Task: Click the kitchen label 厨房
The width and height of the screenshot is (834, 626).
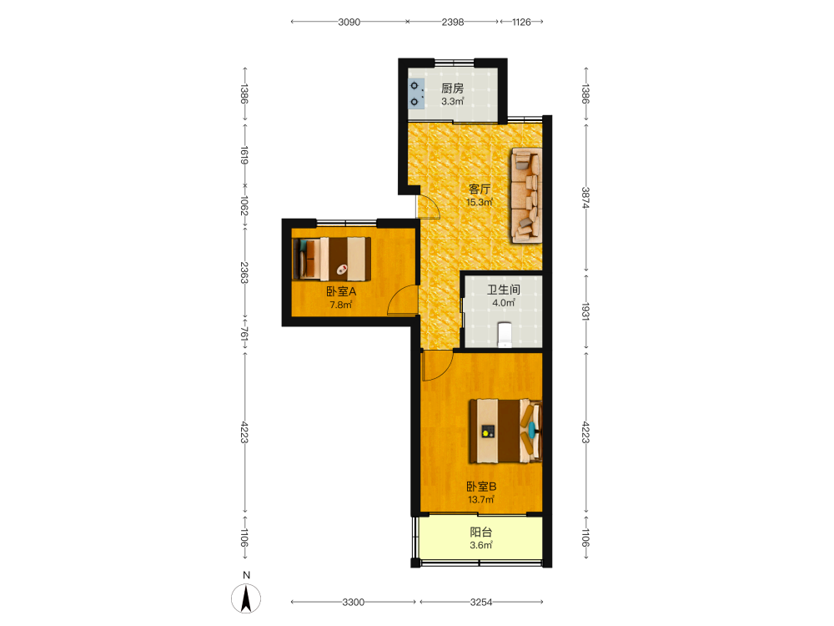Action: [452, 88]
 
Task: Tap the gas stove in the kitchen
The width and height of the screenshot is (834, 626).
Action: [416, 93]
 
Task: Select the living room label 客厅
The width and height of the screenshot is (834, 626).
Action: [480, 189]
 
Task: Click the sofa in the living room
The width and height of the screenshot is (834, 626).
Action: [526, 195]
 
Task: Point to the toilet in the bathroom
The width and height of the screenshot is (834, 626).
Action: [505, 335]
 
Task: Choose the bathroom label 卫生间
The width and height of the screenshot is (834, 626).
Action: [504, 290]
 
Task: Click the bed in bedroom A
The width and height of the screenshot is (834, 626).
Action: [331, 259]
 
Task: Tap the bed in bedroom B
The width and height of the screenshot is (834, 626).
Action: [505, 432]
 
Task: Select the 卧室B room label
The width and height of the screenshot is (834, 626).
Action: [481, 487]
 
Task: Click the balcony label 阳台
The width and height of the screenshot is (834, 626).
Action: [481, 532]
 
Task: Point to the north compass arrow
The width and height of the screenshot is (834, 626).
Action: [246, 598]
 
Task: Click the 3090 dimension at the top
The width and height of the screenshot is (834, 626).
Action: [349, 22]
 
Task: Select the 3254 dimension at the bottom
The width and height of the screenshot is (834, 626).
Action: [481, 602]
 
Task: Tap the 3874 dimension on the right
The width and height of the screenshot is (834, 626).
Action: [585, 198]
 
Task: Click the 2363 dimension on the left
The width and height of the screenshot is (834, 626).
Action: [244, 272]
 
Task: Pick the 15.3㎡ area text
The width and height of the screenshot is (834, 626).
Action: [480, 202]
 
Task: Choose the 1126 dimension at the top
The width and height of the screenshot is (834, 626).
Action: [521, 22]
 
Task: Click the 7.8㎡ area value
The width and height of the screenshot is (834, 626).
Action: [341, 305]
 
